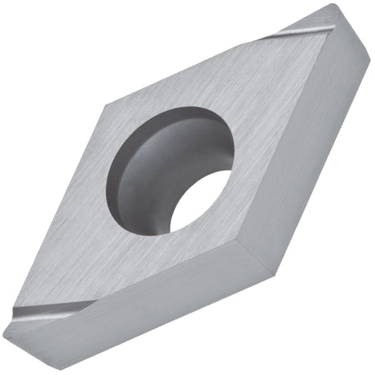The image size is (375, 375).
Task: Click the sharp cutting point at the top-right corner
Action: coord(333,9)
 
